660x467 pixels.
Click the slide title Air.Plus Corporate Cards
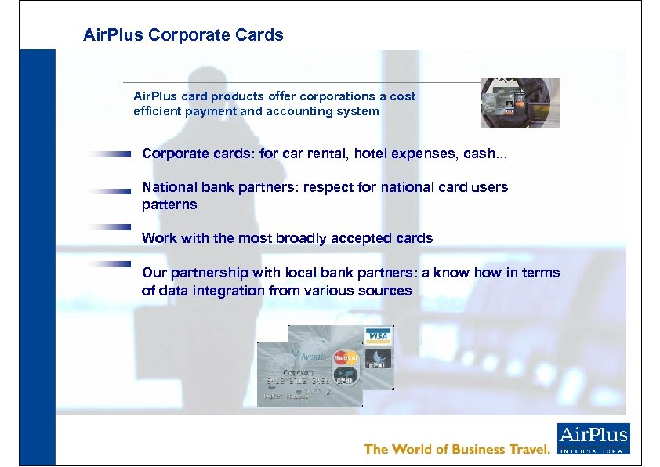pos(183,35)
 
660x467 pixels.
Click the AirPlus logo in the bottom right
pos(593,438)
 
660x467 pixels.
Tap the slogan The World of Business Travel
pos(457,449)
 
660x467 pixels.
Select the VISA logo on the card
pos(378,336)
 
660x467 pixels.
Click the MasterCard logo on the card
pos(345,357)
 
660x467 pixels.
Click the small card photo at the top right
pos(520,103)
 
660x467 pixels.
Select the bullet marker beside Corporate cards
pos(109,155)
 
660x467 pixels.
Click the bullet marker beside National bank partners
pos(109,190)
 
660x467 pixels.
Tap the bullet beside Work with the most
pos(109,227)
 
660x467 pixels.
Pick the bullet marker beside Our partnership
pos(109,263)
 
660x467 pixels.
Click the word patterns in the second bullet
pos(169,205)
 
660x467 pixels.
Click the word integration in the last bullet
pos(231,291)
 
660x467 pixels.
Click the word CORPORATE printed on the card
pos(299,374)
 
